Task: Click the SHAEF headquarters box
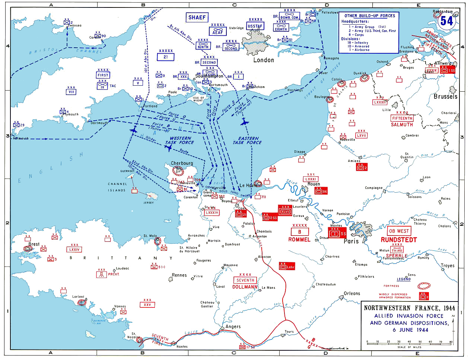pos(197,18)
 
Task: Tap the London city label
pos(264,60)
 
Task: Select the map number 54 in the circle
pos(446,21)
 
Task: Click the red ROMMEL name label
pos(299,240)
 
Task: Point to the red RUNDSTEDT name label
pos(399,240)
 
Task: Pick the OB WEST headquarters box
pos(399,231)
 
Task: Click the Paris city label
pos(351,241)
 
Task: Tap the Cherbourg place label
pos(182,163)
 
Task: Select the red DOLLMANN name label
pos(245,287)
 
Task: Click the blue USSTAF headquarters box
pos(255,26)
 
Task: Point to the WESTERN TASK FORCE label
pos(180,140)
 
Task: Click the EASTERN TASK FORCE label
pos(247,140)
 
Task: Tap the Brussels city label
pos(445,97)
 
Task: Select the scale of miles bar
pos(409,342)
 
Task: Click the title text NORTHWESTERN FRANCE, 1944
pos(409,308)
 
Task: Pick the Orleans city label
pos(352,293)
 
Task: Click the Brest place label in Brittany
pos(34,244)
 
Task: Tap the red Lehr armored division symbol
pos(287,266)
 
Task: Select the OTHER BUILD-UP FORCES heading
pos(369,16)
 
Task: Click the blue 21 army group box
pos(166,57)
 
